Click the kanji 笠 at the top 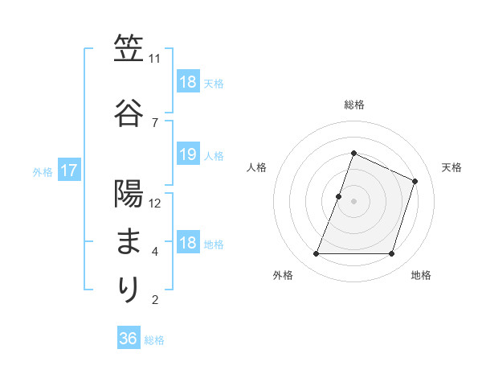(x=129, y=51)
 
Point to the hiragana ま (x=129, y=241)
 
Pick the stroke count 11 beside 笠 (x=155, y=59)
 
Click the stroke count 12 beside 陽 (x=155, y=203)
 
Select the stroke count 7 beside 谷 (x=154, y=122)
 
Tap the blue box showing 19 (x=187, y=155)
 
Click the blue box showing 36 (x=129, y=339)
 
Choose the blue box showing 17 (x=68, y=171)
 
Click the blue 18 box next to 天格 (x=187, y=82)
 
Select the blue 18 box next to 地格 (x=187, y=243)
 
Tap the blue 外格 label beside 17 (x=43, y=171)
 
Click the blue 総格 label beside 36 (x=154, y=340)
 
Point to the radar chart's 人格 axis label (x=257, y=167)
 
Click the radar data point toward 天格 (x=415, y=181)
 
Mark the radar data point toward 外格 (x=316, y=254)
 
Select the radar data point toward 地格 (x=392, y=254)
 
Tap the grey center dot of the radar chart (x=354, y=201)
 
